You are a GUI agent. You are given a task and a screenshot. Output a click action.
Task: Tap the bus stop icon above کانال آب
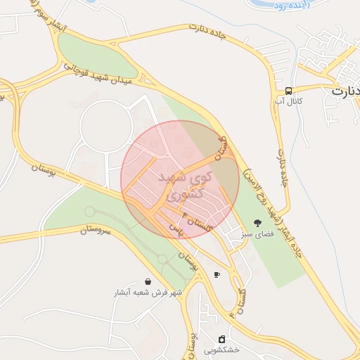click(289, 91)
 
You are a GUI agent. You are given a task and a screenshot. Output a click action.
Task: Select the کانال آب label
click(289, 102)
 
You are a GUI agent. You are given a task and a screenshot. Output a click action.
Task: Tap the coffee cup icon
click(217, 274)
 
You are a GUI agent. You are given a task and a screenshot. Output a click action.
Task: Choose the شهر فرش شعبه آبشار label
click(148, 292)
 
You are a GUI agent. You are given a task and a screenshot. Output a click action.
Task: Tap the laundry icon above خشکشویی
click(222, 339)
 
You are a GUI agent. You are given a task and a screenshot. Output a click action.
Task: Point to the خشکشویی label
click(222, 349)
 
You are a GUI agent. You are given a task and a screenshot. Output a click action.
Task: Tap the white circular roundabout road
click(106, 126)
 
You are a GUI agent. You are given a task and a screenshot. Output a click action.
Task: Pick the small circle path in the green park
click(89, 212)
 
